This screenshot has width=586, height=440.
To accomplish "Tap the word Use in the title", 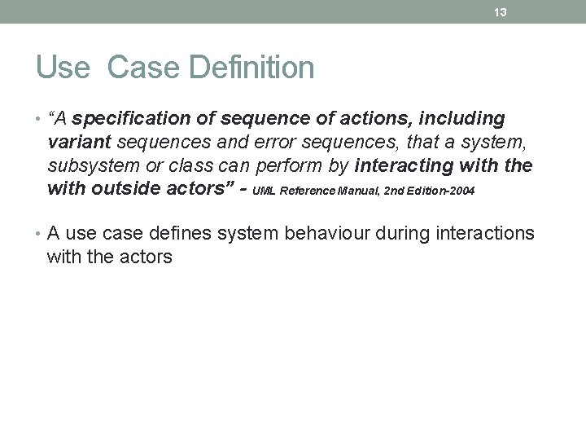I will (62, 68).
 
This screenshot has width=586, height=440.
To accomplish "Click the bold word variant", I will (79, 143).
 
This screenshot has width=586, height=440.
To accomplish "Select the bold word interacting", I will (405, 166).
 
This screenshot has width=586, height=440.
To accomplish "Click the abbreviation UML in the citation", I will (266, 192).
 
